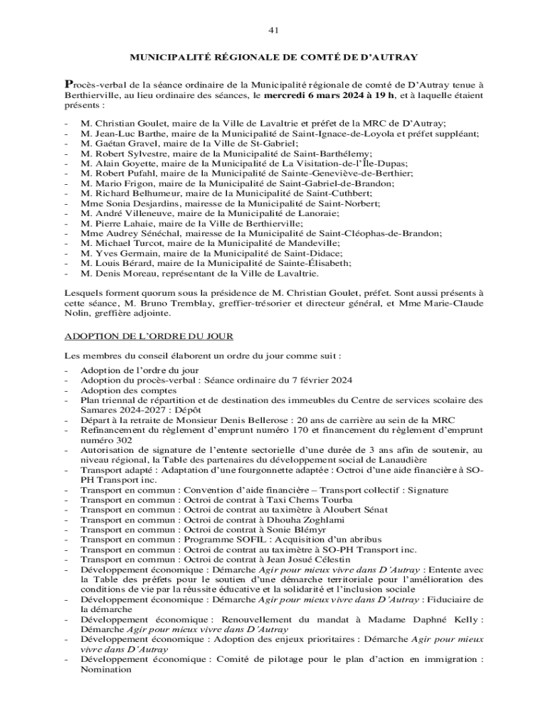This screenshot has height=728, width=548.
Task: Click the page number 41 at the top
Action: [x=273, y=31]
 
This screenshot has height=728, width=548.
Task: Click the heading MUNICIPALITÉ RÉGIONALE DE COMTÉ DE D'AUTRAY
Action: [x=273, y=57]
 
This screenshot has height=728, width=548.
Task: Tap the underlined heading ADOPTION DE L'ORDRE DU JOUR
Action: [x=149, y=336]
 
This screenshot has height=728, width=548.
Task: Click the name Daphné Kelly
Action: [x=452, y=619]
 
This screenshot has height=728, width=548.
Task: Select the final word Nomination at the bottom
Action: [x=106, y=669]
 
